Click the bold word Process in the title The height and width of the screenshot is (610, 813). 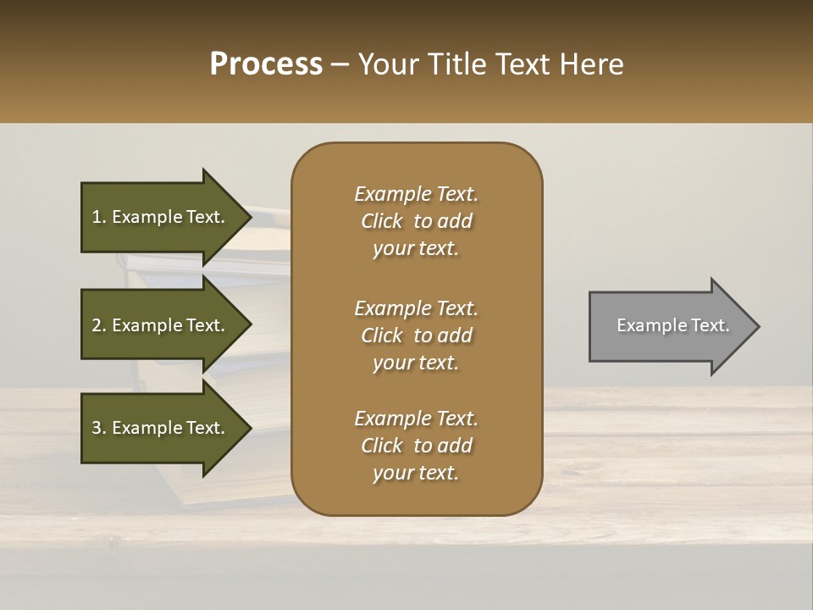click(x=266, y=64)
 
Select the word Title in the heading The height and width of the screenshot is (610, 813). click(x=457, y=64)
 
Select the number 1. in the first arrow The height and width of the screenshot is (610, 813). click(x=99, y=217)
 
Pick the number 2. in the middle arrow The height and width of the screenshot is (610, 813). click(x=99, y=325)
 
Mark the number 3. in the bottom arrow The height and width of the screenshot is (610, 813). click(x=99, y=428)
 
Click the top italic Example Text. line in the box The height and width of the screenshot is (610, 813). click(x=416, y=194)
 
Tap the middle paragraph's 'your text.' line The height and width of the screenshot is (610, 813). click(x=416, y=363)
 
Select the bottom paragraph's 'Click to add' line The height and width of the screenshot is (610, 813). click(x=416, y=446)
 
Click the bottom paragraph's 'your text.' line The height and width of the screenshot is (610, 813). click(x=416, y=473)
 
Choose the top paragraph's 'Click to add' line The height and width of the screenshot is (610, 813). click(x=416, y=221)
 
